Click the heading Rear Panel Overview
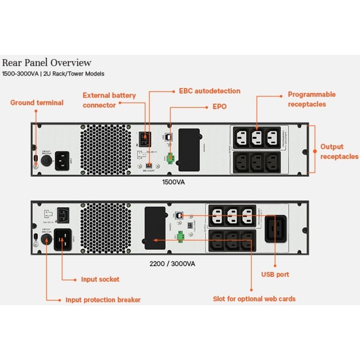pyautogui.click(x=47, y=63)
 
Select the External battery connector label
pyautogui.click(x=109, y=100)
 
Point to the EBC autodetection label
pyautogui.click(x=209, y=91)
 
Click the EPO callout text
pyautogui.click(x=220, y=107)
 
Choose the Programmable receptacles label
pyautogui.click(x=311, y=99)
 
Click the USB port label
pyautogui.click(x=275, y=275)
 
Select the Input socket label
pyautogui.click(x=100, y=279)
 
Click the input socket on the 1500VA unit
pyautogui.click(x=63, y=159)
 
